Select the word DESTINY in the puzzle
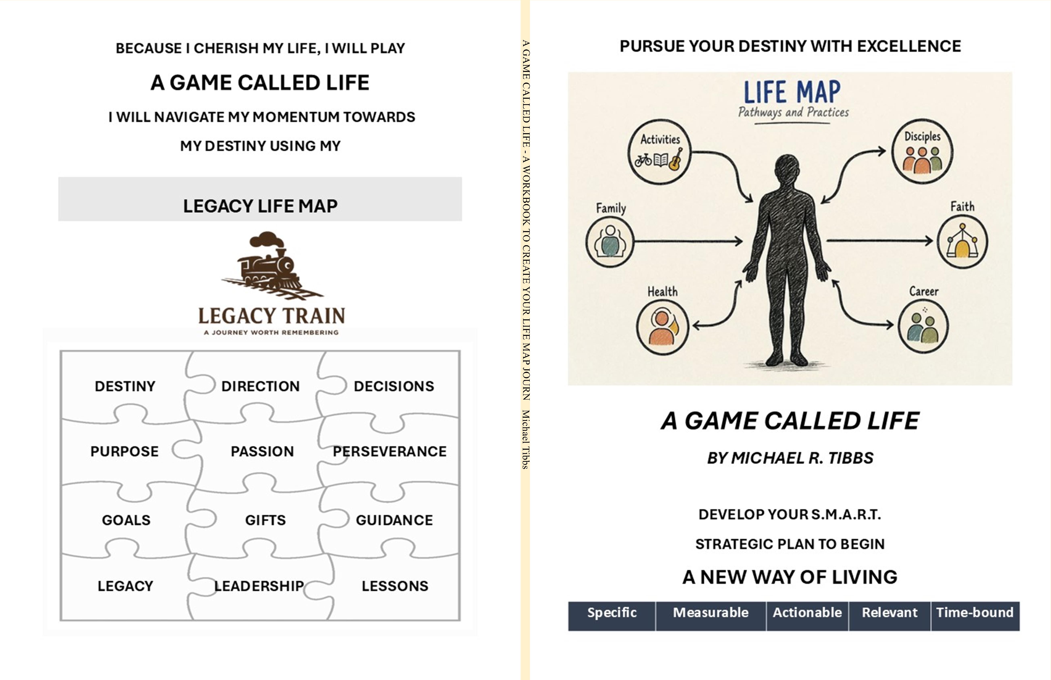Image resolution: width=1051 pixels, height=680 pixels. coord(125,386)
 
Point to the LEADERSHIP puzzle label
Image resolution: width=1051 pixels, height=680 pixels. coord(259,586)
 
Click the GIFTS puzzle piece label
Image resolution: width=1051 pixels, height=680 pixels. coord(265,520)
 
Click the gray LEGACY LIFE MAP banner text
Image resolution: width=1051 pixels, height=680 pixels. coord(260,206)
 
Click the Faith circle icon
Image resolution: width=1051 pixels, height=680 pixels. coord(962,242)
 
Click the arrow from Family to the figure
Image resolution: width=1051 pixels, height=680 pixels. coord(689,241)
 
